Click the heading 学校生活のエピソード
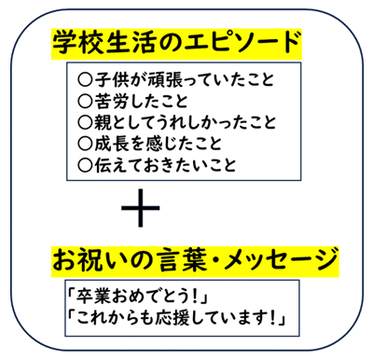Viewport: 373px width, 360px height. click(178, 42)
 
